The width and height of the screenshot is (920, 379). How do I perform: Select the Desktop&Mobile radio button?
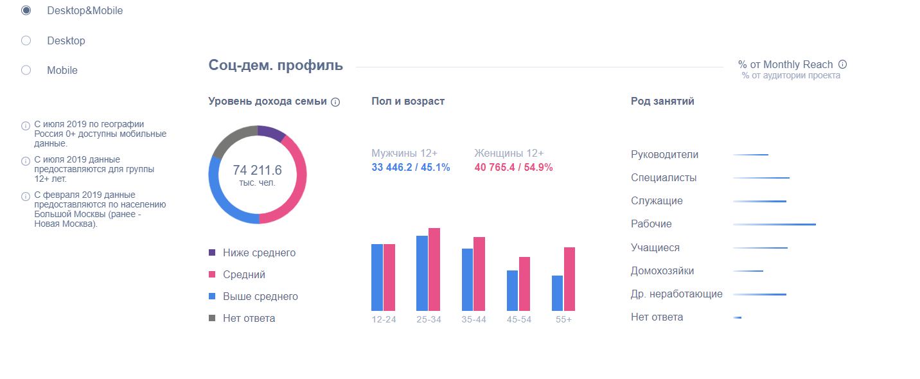pos(26,11)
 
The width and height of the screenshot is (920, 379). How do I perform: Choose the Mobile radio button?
pos(26,71)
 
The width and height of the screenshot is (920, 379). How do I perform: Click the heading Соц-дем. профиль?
pos(276,66)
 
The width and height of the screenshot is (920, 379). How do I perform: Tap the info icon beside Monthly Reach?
pos(843,65)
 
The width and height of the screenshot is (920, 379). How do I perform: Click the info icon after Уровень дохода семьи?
pos(335,102)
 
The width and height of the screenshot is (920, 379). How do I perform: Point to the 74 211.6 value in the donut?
pos(258,170)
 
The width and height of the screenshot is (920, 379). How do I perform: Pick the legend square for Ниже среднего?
pos(213,253)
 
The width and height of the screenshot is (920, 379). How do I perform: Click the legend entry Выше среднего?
pos(260,297)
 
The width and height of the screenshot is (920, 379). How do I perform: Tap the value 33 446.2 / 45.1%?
pos(411,168)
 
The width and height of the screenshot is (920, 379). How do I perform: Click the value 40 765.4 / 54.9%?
pos(513,168)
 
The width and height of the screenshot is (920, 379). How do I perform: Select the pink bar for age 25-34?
pos(434,270)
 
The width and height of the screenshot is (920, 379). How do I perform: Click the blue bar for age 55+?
pos(557,294)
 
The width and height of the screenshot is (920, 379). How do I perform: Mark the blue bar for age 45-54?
pos(512,291)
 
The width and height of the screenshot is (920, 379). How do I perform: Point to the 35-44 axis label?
pos(473,320)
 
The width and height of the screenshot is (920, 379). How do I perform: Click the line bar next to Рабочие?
pos(774,225)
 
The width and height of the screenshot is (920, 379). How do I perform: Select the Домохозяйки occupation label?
pos(662,271)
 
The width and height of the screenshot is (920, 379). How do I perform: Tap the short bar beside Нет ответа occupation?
pos(738,317)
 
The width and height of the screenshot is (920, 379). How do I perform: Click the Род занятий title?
pos(662,101)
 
